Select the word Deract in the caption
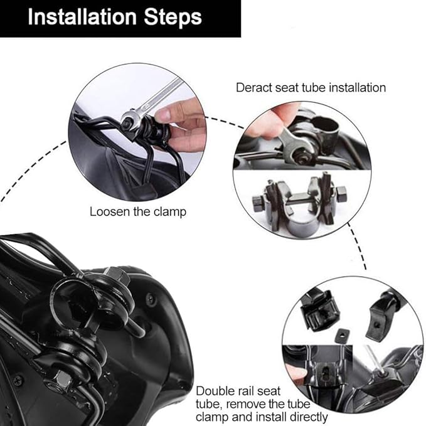click(254, 88)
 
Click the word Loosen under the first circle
click(110, 211)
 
